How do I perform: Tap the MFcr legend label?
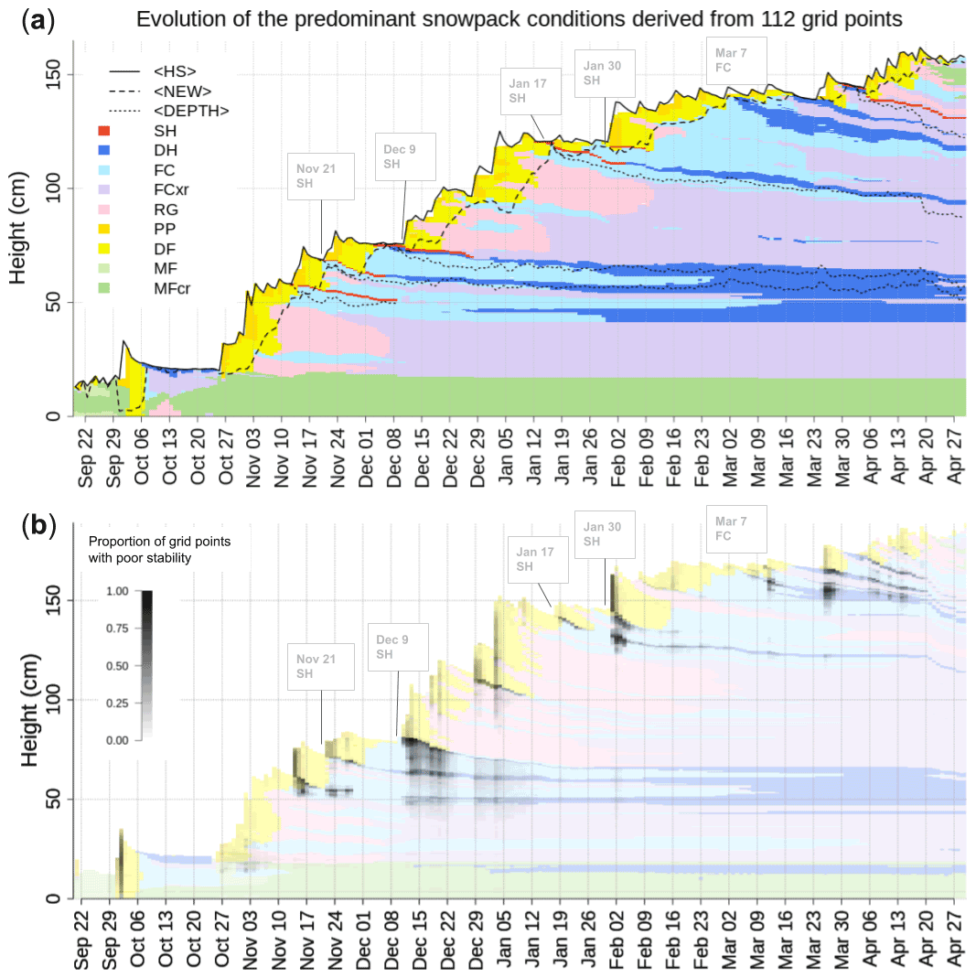pyautogui.click(x=172, y=289)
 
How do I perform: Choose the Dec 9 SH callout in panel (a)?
pyautogui.click(x=405, y=156)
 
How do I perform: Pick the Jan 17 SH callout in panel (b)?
pyautogui.click(x=538, y=559)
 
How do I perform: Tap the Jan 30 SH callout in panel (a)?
pyautogui.click(x=604, y=73)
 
